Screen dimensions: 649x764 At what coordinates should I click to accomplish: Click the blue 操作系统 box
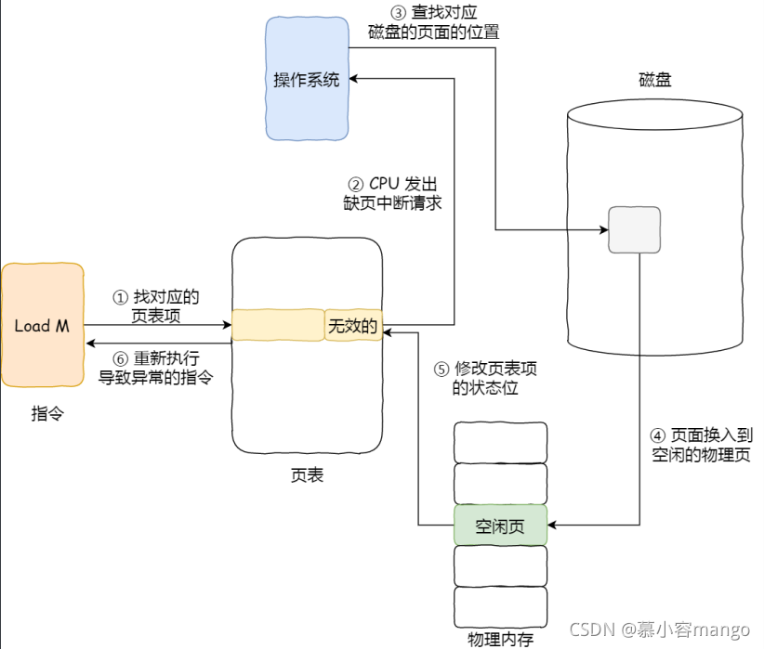[308, 79]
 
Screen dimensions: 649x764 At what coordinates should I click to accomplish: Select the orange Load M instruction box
[42, 326]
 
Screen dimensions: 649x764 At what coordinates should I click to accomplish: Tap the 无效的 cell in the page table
[353, 326]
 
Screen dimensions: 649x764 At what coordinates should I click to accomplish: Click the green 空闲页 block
[500, 526]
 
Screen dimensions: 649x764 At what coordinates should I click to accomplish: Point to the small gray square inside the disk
[634, 229]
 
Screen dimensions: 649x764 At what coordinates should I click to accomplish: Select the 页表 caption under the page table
[307, 475]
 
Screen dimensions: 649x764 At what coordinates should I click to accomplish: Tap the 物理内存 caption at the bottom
[500, 639]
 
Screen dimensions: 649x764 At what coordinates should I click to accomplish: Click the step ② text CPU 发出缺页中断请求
[391, 192]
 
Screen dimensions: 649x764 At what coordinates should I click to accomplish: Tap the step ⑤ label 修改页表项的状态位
[485, 378]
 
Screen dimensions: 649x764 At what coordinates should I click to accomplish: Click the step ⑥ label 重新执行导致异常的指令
[156, 367]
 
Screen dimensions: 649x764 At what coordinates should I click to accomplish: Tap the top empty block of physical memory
[500, 441]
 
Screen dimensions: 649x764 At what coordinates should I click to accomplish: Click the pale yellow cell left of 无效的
[277, 325]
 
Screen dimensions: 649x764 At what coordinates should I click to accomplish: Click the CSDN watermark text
[658, 630]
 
